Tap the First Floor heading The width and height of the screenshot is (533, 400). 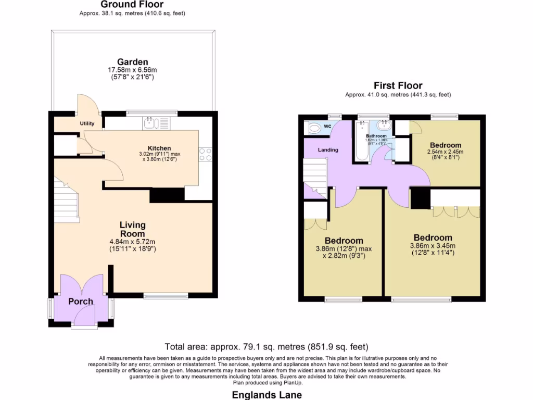[x=398, y=85]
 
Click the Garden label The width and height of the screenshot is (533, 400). [x=132, y=61]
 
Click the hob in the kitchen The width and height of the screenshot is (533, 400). [x=205, y=154]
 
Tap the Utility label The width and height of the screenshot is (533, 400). [x=86, y=124]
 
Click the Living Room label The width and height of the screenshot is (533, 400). [x=132, y=229]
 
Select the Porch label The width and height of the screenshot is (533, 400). [x=81, y=302]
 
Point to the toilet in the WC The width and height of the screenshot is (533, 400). [x=314, y=128]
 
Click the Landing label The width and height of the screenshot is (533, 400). [x=328, y=150]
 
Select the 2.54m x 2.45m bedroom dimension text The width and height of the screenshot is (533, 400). [x=446, y=152]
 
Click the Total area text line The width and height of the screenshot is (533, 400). [x=266, y=346]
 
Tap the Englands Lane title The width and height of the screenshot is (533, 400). [x=266, y=395]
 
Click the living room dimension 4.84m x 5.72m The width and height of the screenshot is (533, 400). [x=132, y=241]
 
